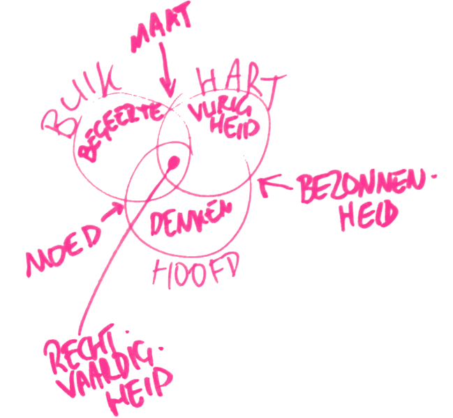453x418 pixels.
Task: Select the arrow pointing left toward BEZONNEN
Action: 276,186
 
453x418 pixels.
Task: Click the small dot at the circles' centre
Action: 173,165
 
